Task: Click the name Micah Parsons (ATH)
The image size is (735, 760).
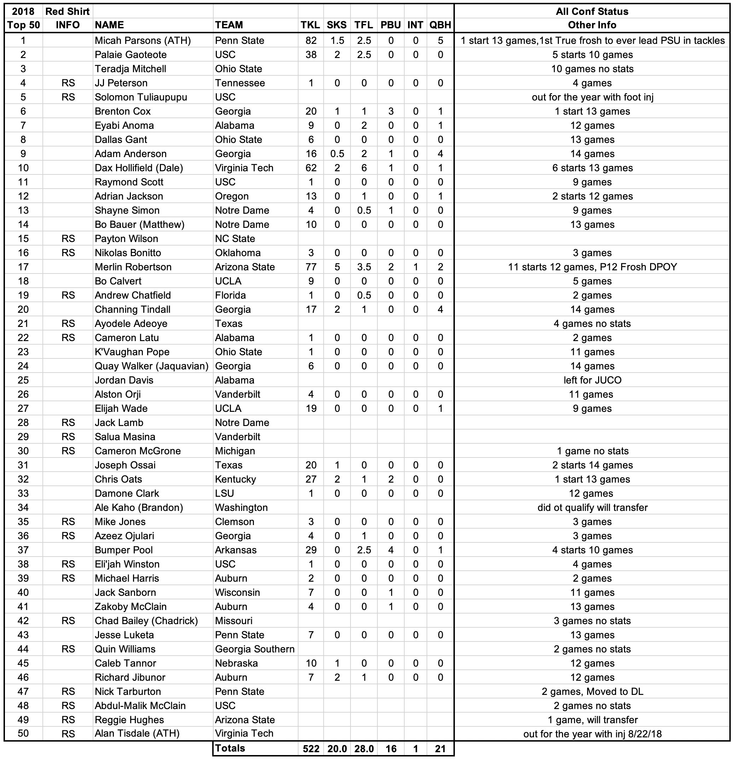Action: pos(143,41)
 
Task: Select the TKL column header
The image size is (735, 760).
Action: pos(311,25)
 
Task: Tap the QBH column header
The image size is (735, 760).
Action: pos(440,25)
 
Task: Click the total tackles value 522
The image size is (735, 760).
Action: pos(311,749)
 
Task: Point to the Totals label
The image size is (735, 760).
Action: pos(230,748)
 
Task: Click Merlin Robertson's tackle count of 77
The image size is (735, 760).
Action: pos(311,267)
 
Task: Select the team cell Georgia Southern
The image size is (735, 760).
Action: pos(255,649)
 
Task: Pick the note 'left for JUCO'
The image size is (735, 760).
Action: pos(592,380)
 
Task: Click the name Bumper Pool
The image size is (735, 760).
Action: pos(124,550)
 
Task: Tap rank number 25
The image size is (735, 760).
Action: pos(23,380)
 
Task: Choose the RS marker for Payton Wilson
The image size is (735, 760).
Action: pos(68,239)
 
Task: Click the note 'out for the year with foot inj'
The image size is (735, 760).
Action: pos(592,97)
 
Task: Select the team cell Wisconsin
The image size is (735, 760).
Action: pos(237,593)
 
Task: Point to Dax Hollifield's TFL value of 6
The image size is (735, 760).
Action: pos(364,168)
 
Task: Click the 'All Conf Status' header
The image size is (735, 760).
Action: pos(592,11)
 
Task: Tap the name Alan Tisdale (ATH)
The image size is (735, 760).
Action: pos(137,733)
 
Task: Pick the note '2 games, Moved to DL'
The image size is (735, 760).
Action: pos(592,691)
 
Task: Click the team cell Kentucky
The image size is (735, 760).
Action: pos(235,479)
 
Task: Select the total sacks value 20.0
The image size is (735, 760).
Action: pos(337,749)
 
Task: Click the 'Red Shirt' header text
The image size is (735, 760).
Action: pos(68,11)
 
